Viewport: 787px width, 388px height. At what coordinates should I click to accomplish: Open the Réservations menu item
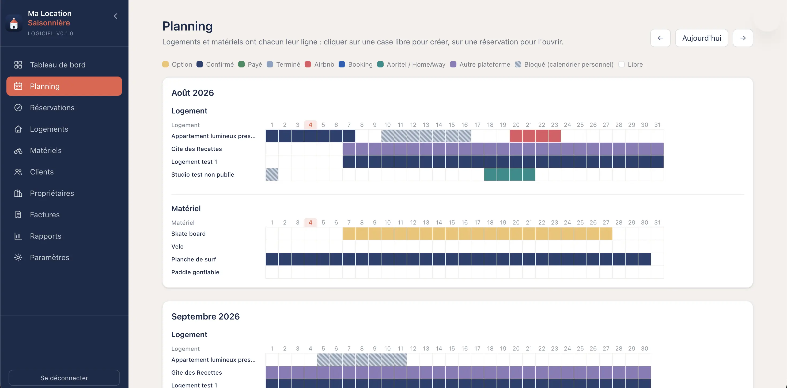[52, 108]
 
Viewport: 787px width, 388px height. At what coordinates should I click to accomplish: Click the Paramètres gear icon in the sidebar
[18, 257]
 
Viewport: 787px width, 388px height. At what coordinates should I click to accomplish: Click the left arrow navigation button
[660, 38]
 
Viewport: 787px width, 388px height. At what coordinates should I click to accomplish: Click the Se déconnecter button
[64, 378]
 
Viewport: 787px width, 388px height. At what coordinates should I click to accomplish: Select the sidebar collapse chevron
[115, 16]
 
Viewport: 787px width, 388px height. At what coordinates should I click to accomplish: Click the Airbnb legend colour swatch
[308, 64]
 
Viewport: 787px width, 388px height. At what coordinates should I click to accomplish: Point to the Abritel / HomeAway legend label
[416, 64]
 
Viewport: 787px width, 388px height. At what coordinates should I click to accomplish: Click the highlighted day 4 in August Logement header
[310, 125]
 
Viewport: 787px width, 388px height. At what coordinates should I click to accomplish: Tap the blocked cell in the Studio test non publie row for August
[272, 174]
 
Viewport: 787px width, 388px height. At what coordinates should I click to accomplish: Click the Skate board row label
[188, 234]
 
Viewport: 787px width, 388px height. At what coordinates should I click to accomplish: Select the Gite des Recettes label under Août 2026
[196, 149]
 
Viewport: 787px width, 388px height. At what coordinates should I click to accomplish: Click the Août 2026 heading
[192, 93]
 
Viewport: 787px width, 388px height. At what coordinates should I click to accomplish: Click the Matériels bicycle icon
[18, 151]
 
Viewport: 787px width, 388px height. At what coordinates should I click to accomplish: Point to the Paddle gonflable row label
[195, 272]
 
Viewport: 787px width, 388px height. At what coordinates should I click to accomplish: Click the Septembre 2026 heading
[205, 317]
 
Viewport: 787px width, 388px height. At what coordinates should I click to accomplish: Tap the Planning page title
[187, 26]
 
